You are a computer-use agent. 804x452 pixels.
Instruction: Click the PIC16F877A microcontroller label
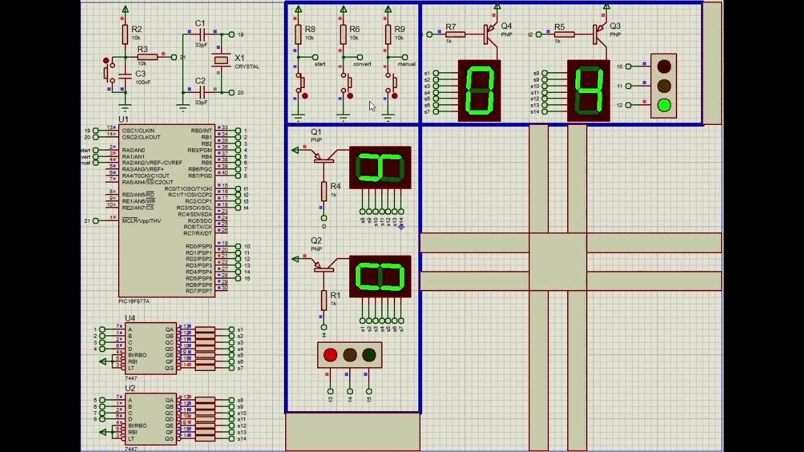click(x=134, y=301)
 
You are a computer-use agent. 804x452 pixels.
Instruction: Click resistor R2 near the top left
click(x=125, y=34)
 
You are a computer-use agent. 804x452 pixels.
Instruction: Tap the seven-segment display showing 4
click(x=589, y=90)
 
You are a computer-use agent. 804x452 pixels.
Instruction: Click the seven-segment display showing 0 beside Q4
click(x=479, y=90)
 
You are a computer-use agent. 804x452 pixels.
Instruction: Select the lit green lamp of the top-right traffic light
click(x=664, y=105)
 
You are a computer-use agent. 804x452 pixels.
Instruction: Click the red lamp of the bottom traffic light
click(x=330, y=355)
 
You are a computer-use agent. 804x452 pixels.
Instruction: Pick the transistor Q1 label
click(x=316, y=132)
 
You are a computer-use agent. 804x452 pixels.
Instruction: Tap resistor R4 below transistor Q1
click(x=324, y=191)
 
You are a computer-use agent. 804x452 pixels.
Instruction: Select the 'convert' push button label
click(x=362, y=64)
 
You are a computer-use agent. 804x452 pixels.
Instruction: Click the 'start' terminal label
click(x=320, y=64)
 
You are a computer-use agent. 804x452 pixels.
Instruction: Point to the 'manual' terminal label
click(x=406, y=64)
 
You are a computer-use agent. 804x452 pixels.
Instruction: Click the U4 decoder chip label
click(x=130, y=318)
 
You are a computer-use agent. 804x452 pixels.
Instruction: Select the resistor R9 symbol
click(x=388, y=34)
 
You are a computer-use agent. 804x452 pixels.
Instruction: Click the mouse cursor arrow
click(x=372, y=106)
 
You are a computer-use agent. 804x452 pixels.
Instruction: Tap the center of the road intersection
click(x=558, y=262)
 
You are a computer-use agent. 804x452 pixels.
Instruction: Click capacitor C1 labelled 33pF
click(x=200, y=35)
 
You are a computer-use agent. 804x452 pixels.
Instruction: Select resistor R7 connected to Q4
click(x=455, y=35)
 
